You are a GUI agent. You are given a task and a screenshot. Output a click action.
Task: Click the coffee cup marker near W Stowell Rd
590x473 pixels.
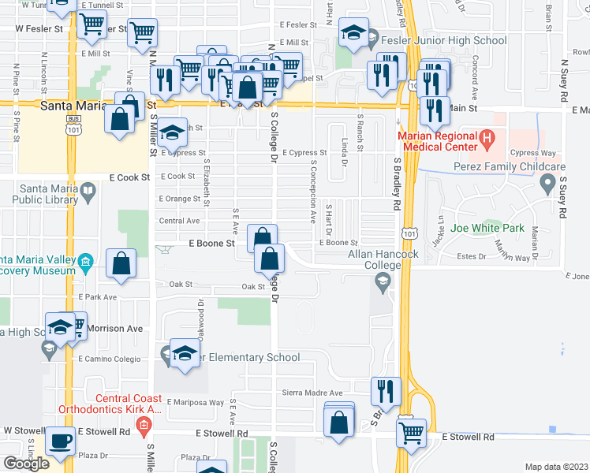pyautogui.click(x=60, y=441)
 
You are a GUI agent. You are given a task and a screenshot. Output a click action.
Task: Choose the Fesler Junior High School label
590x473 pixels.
pyautogui.click(x=443, y=40)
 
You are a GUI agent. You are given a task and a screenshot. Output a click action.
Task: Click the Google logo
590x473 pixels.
pyautogui.click(x=26, y=463)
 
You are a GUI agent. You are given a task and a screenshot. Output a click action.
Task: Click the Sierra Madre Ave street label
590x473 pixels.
pyautogui.click(x=313, y=393)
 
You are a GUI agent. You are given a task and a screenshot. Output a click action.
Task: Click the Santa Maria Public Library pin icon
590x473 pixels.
pyautogui.click(x=88, y=189)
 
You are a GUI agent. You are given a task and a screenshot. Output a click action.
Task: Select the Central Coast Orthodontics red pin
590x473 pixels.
pyautogui.click(x=143, y=429)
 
